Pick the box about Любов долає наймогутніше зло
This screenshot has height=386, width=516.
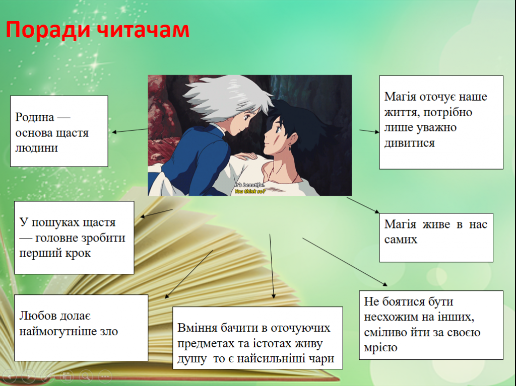pos(81,328)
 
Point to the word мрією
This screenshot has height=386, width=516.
pos(380,347)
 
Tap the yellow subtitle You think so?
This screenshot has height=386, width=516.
pos(250,191)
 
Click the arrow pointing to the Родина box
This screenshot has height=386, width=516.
pos(130,131)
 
